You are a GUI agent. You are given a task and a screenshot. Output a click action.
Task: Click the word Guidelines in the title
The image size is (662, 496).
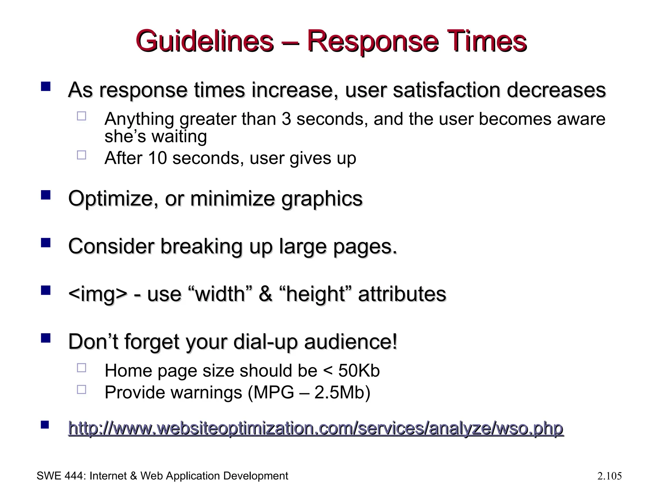[204, 41]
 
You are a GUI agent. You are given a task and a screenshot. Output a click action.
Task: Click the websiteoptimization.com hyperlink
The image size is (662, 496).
[315, 429]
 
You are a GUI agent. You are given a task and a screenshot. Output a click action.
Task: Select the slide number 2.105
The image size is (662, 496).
[609, 476]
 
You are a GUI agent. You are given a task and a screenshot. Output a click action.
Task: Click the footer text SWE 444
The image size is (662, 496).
[60, 476]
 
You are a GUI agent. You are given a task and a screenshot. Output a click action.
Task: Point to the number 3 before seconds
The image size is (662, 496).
[286, 119]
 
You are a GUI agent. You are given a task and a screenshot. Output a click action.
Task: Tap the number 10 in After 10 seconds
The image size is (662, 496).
[157, 158]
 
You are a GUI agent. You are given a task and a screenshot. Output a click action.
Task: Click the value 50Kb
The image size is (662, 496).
[359, 370]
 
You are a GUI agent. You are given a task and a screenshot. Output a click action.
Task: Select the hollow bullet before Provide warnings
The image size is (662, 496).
[81, 389]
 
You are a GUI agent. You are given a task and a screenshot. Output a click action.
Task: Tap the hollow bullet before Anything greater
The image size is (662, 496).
[81, 116]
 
